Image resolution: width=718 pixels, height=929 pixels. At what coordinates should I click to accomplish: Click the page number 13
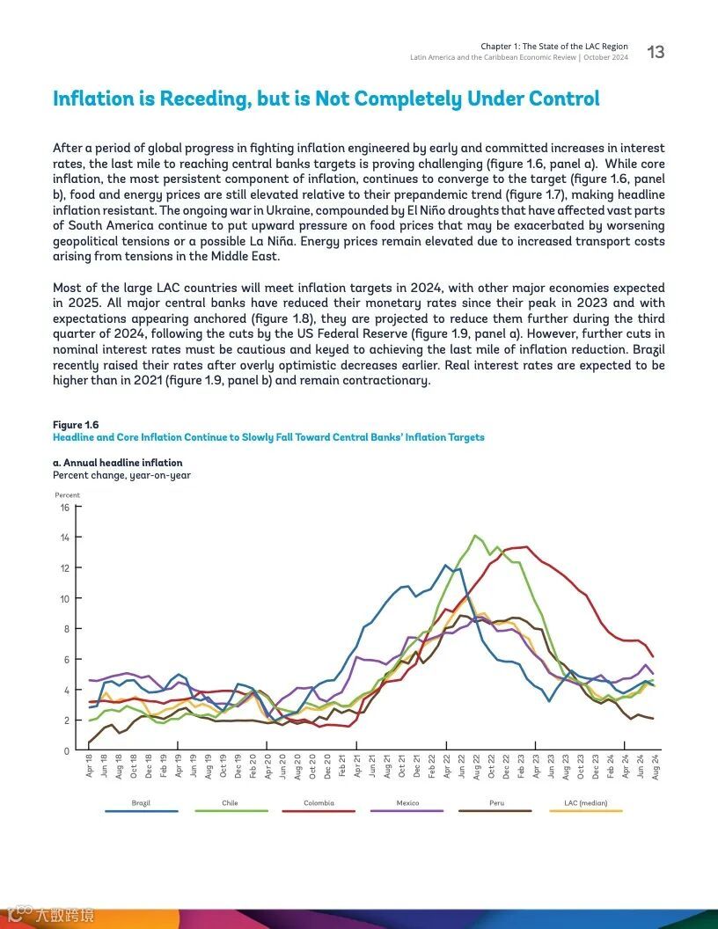click(x=656, y=52)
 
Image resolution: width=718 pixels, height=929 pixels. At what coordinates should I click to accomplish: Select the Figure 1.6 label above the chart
click(x=76, y=425)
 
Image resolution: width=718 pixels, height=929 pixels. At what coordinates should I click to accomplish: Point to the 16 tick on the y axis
click(x=64, y=508)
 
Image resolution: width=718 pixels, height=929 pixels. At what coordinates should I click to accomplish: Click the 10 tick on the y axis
click(x=64, y=599)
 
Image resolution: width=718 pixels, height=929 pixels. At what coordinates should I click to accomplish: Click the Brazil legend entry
click(x=141, y=803)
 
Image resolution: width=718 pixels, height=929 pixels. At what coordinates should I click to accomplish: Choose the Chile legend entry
click(x=230, y=803)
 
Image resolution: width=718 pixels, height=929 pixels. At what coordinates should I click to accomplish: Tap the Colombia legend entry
click(x=319, y=803)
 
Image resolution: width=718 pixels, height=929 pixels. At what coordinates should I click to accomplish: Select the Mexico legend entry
click(x=407, y=803)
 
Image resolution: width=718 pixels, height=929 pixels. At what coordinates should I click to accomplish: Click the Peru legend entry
click(x=496, y=803)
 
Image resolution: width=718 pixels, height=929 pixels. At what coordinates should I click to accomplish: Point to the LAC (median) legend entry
click(x=585, y=803)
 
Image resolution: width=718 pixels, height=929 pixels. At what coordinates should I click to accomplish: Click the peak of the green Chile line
click(x=475, y=535)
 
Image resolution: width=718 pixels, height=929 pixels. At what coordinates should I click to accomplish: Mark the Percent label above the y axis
click(x=67, y=495)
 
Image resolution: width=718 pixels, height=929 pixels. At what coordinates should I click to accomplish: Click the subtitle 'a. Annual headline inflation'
click(x=118, y=463)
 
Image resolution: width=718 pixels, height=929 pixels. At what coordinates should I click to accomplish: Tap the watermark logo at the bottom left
click(x=53, y=916)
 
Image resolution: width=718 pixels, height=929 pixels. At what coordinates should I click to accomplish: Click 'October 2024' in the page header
click(x=605, y=57)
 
